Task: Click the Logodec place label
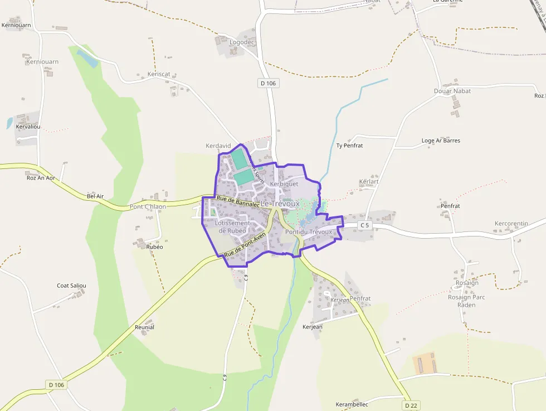click(242, 42)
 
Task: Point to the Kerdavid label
click(218, 146)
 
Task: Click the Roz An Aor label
click(41, 178)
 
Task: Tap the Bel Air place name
click(95, 196)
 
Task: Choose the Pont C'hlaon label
click(148, 207)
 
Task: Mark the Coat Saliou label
click(71, 286)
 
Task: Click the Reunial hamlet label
click(144, 327)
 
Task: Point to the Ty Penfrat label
click(350, 146)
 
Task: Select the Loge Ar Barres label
click(441, 141)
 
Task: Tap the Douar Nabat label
click(452, 91)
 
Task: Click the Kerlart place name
click(369, 182)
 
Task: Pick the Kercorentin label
click(511, 224)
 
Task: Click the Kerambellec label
click(352, 404)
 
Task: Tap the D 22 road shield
click(411, 405)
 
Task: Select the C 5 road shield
click(364, 225)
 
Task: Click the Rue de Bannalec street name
click(238, 201)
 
